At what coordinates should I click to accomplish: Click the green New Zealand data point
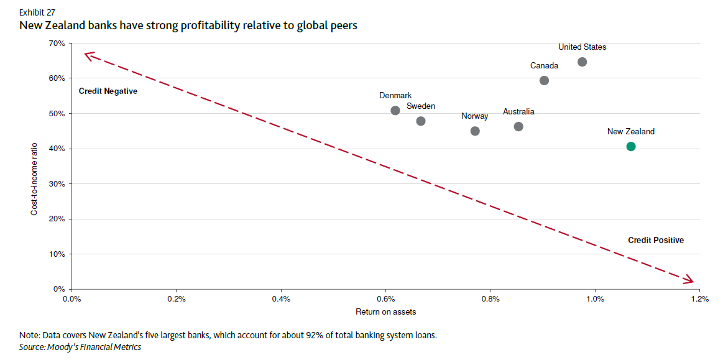(x=631, y=146)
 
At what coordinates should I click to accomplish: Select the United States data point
(x=582, y=62)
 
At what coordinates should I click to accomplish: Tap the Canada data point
(x=544, y=80)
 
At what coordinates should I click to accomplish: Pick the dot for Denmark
(x=395, y=110)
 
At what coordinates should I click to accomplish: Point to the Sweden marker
(x=421, y=121)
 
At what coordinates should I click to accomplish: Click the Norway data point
(x=475, y=131)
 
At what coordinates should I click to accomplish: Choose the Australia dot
(x=518, y=126)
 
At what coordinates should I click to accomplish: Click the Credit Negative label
(x=108, y=91)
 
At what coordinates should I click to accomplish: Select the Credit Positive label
(x=655, y=240)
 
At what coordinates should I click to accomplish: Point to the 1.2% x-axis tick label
(x=699, y=299)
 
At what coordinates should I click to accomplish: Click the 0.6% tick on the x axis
(x=385, y=299)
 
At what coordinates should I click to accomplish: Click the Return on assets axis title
(x=385, y=312)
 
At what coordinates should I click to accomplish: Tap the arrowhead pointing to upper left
(x=88, y=55)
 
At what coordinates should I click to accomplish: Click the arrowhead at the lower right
(x=689, y=281)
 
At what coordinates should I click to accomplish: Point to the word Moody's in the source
(x=61, y=347)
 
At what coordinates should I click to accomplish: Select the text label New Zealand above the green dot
(x=630, y=132)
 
